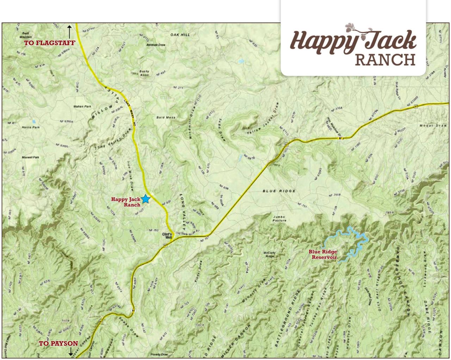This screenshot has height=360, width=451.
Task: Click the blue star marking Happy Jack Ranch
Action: coord(146,199)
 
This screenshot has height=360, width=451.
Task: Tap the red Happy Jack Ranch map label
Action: coord(126,202)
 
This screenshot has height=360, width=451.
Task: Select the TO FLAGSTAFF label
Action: coord(50,43)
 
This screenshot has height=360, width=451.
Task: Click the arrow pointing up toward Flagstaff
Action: coord(69,32)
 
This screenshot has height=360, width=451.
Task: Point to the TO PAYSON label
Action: coord(58,343)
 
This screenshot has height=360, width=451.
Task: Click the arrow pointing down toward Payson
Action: coord(70,351)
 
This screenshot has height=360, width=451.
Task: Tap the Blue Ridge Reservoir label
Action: coord(323,254)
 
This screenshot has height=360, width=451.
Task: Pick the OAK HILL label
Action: coord(180,35)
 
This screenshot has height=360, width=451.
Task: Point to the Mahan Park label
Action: coord(82,106)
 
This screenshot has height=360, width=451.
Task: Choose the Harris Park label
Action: coord(31,127)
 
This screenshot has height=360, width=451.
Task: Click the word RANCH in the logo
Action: coord(385,60)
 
